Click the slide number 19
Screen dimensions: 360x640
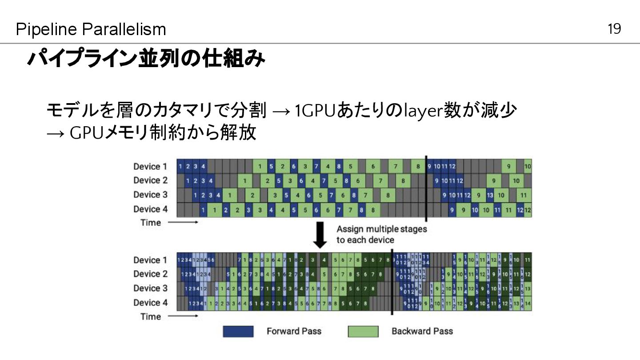tap(614, 29)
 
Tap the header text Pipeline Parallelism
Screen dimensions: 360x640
tap(91, 30)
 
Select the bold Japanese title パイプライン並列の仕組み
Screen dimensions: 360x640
tap(146, 60)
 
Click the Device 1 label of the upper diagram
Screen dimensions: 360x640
tap(150, 167)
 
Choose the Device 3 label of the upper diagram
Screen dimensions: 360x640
tap(150, 195)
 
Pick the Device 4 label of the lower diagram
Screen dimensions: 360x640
tap(150, 303)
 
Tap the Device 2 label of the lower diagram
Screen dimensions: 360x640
tap(150, 274)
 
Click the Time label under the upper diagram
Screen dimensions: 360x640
tap(150, 223)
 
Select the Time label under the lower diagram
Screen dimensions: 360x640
tap(150, 316)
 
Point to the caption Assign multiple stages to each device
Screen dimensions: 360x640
tap(381, 234)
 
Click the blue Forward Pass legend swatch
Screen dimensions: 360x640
tap(238, 332)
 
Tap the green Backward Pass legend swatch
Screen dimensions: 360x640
tap(363, 332)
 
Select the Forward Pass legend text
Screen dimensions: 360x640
tap(294, 331)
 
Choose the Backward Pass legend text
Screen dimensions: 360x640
tap(422, 331)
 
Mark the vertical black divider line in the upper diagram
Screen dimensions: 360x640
tap(426, 188)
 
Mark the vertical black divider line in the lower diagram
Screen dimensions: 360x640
tap(392, 283)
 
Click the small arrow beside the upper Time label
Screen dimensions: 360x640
tap(183, 223)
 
